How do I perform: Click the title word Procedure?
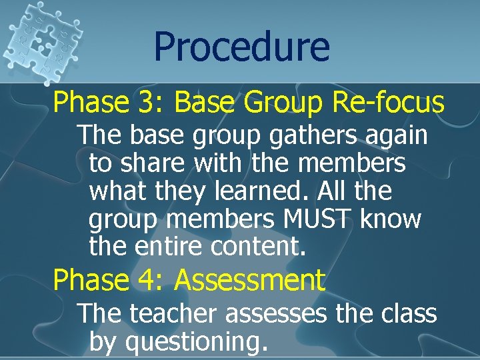241,47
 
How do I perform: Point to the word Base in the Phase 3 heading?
206,102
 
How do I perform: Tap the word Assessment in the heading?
249,280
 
